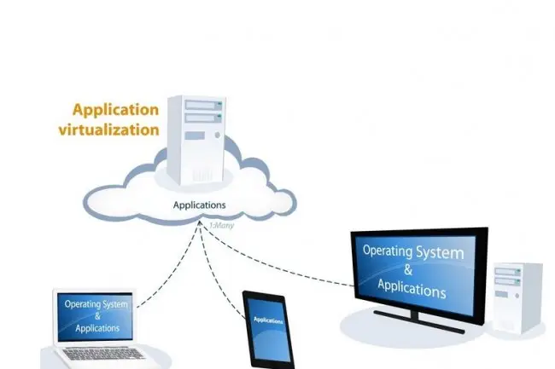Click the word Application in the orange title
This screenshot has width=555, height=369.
115,110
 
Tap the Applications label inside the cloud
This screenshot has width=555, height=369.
200,205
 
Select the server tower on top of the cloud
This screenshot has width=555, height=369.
197,141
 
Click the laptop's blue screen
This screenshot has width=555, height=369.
93,316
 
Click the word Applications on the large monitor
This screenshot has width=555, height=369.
414,291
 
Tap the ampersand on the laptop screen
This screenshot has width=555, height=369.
93,316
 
